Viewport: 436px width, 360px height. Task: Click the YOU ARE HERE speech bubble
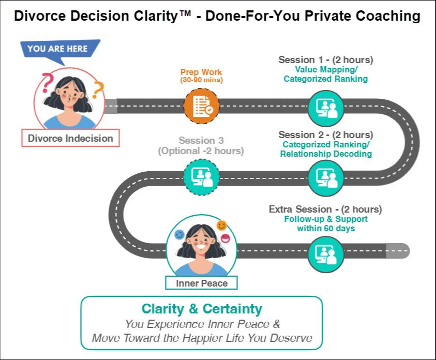pyautogui.click(x=57, y=49)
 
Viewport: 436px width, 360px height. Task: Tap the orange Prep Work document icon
pyautogui.click(x=201, y=106)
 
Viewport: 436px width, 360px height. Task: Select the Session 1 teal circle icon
pyautogui.click(x=326, y=107)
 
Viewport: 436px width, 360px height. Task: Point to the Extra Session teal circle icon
pyautogui.click(x=326, y=254)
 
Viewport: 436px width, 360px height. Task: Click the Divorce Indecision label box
pyautogui.click(x=70, y=138)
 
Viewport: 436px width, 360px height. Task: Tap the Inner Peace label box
pyautogui.click(x=202, y=283)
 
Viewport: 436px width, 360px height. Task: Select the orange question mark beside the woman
pyautogui.click(x=98, y=88)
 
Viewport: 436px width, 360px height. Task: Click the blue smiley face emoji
pyautogui.click(x=179, y=234)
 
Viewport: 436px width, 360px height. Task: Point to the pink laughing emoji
pyautogui.click(x=226, y=238)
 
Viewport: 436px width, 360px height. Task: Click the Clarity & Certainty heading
pyautogui.click(x=202, y=309)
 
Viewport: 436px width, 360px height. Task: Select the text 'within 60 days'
pyautogui.click(x=325, y=228)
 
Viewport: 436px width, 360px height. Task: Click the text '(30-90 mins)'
pyautogui.click(x=201, y=80)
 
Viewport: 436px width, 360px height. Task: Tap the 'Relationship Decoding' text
pyautogui.click(x=325, y=154)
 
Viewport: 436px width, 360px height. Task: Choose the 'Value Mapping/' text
pyautogui.click(x=325, y=69)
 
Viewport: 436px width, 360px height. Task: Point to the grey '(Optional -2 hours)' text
pyautogui.click(x=201, y=152)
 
